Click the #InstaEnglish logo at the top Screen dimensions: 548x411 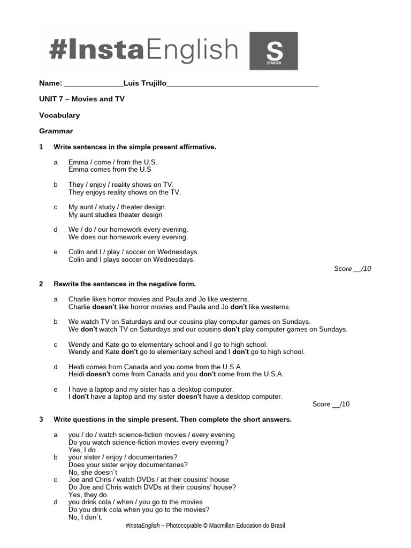click(x=143, y=50)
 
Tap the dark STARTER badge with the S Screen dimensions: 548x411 click(x=273, y=51)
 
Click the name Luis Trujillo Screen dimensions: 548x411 click(x=145, y=83)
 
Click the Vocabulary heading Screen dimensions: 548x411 click(x=59, y=115)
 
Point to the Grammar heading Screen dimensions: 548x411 click(x=56, y=131)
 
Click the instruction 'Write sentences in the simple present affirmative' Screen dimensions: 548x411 click(x=135, y=147)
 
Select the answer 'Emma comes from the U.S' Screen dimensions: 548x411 click(x=110, y=170)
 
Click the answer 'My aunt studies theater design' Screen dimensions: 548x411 click(x=115, y=215)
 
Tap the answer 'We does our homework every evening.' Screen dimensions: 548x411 click(x=128, y=237)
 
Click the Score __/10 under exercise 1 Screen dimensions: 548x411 click(x=352, y=269)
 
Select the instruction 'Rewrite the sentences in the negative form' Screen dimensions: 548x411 click(x=125, y=284)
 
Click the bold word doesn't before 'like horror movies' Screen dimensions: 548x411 click(x=104, y=307)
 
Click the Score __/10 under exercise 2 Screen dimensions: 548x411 click(x=331, y=404)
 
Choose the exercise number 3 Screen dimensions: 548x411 click(x=41, y=420)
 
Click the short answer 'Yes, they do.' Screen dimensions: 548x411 click(x=88, y=495)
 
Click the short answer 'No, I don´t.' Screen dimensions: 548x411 click(x=86, y=517)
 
